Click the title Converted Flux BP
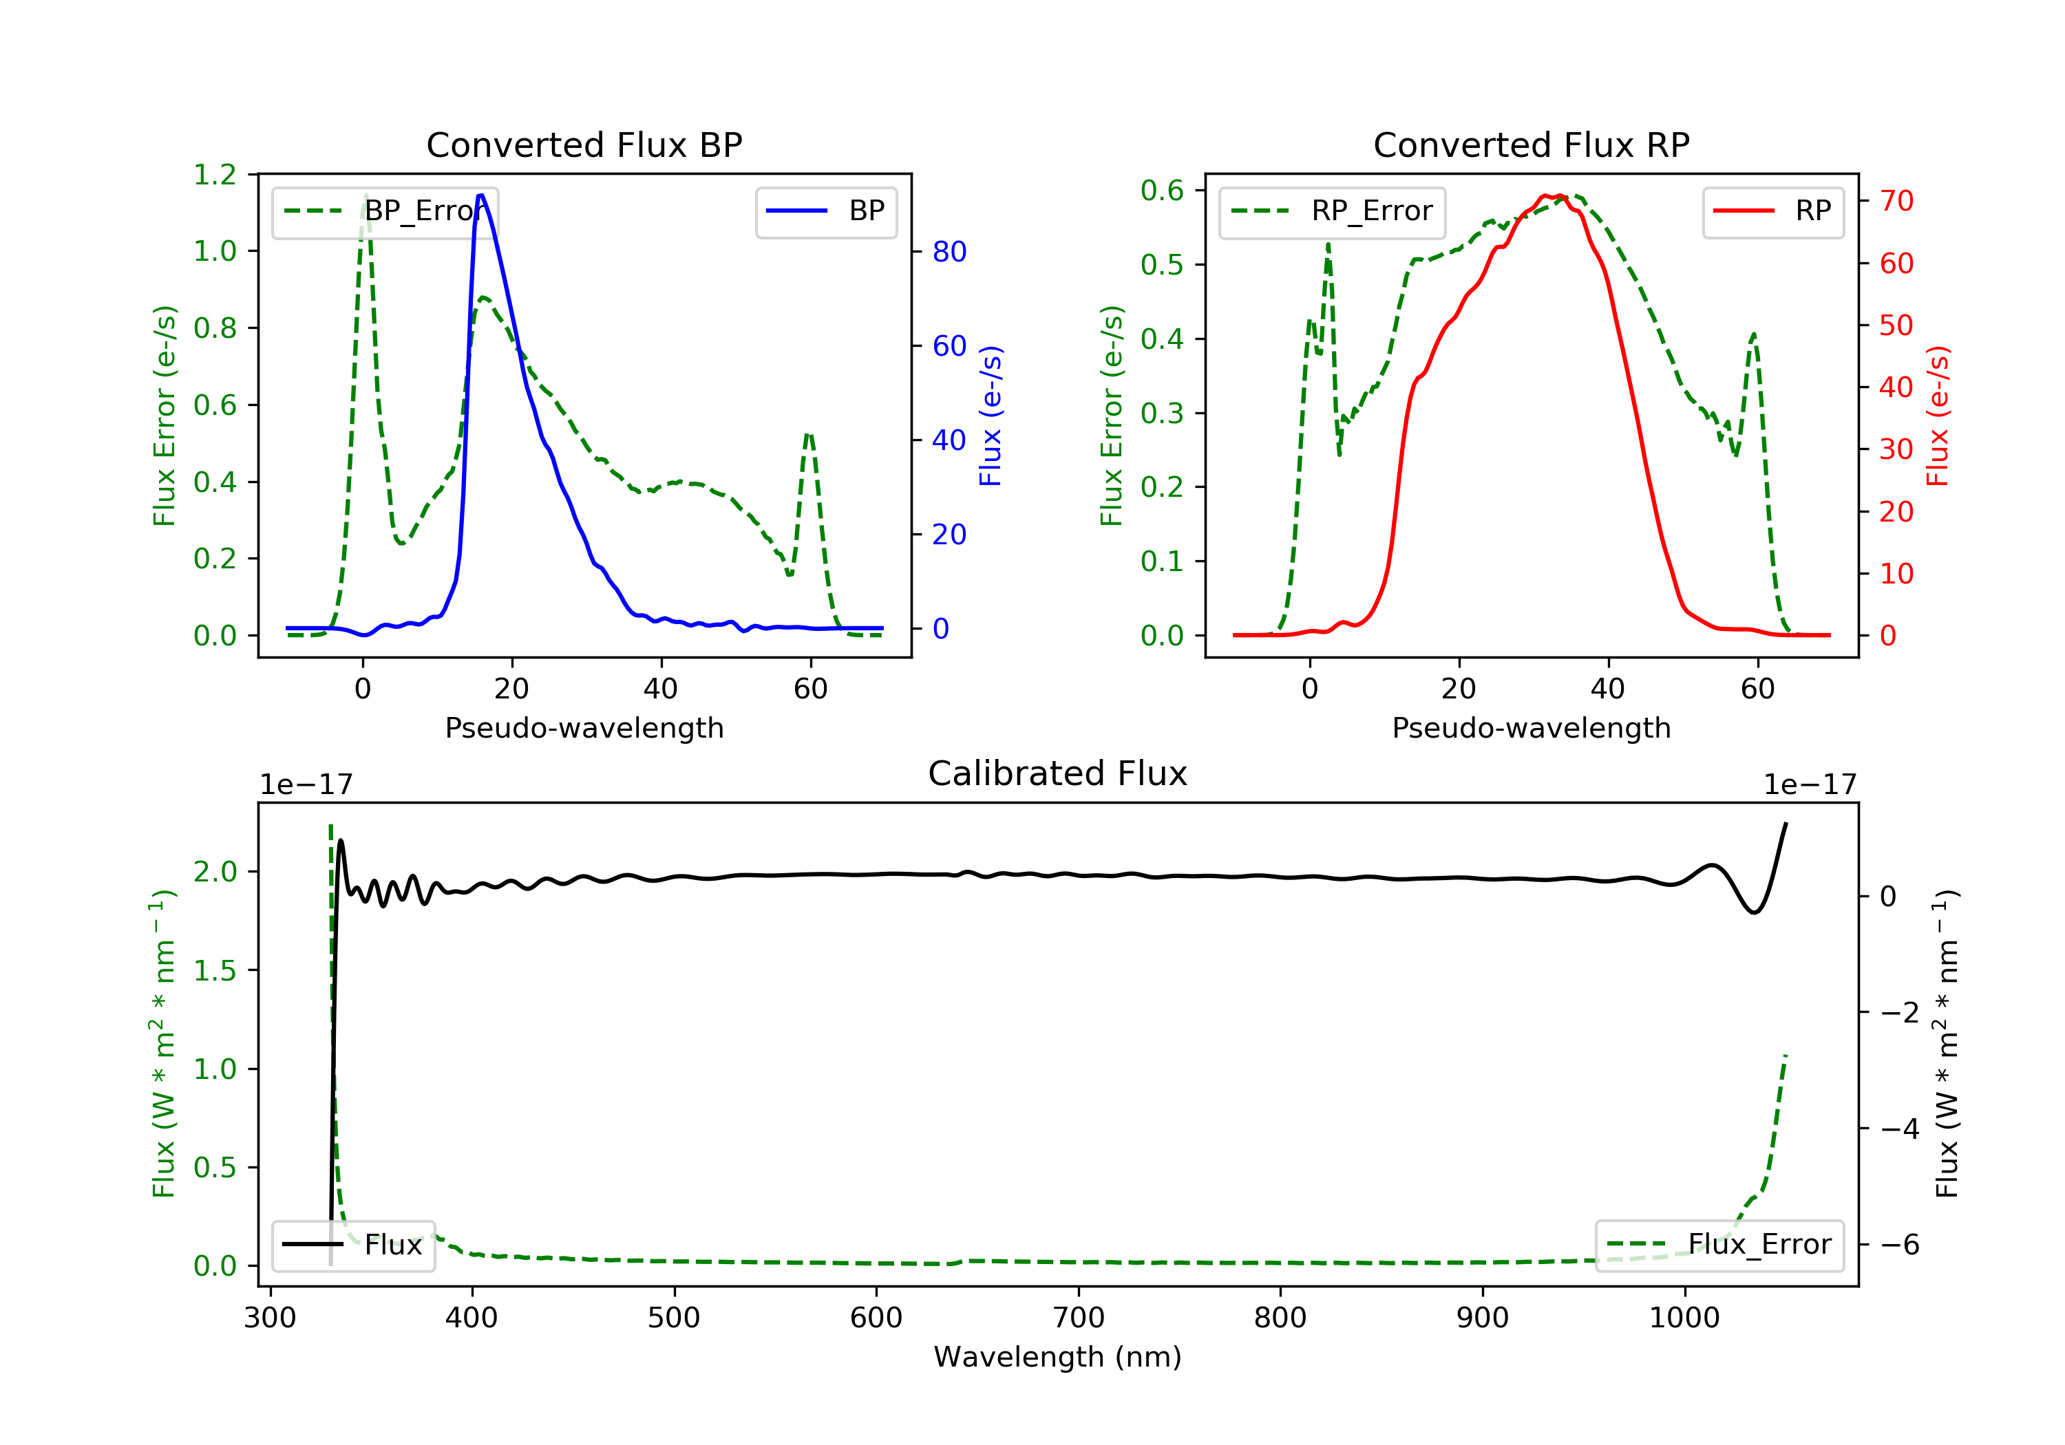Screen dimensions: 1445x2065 [x=584, y=144]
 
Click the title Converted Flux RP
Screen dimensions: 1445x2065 [x=1531, y=144]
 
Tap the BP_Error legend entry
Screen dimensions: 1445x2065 [x=385, y=211]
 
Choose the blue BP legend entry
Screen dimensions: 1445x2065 [x=825, y=211]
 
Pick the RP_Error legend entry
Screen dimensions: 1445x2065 [x=1332, y=211]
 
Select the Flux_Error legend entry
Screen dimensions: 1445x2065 [x=1719, y=1245]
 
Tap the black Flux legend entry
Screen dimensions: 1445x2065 [x=354, y=1245]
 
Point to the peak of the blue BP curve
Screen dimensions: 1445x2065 [x=481, y=195]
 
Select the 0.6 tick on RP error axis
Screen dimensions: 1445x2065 [x=1162, y=191]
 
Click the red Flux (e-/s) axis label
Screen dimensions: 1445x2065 [x=1936, y=416]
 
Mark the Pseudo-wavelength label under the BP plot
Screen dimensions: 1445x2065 [x=584, y=727]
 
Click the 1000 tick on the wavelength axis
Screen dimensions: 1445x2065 [x=1684, y=1318]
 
